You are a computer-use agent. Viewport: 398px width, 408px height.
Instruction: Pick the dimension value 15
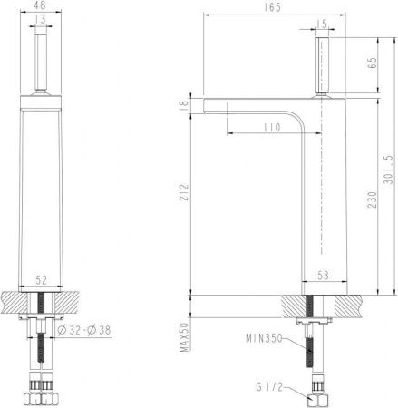pos(322,23)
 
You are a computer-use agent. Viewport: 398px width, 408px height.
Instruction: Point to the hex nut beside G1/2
pos(317,397)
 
